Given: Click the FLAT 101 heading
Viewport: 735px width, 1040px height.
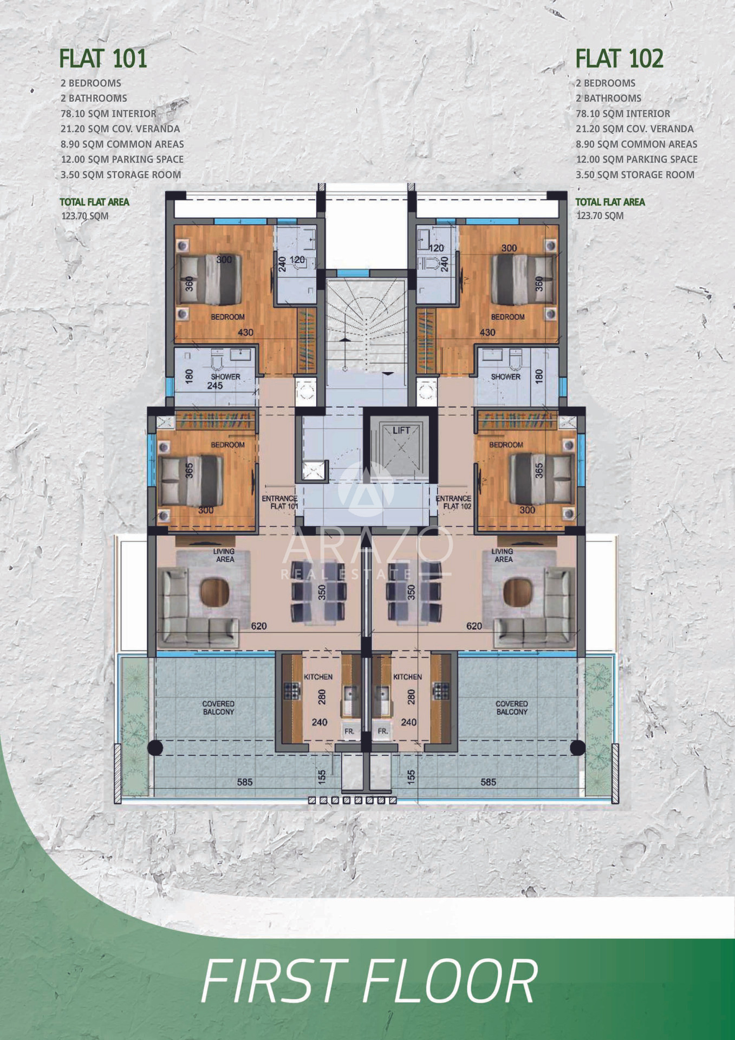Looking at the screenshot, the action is click(103, 58).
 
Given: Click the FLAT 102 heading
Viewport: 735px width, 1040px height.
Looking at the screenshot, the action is click(619, 58).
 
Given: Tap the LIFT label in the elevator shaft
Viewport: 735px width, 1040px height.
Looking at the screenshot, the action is click(401, 430).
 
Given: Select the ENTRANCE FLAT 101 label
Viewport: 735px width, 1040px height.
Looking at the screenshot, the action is click(280, 502).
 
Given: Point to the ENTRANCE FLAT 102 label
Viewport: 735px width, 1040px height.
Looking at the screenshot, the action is click(454, 502).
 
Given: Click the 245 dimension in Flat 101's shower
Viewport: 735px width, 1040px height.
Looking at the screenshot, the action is click(215, 386).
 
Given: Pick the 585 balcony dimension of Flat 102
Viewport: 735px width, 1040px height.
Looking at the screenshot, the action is click(488, 782).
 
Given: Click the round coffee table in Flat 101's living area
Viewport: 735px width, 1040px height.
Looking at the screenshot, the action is click(214, 592).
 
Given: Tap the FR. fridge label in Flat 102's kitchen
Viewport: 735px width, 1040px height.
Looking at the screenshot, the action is click(383, 731).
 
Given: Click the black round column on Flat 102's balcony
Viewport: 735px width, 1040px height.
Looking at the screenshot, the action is click(577, 747).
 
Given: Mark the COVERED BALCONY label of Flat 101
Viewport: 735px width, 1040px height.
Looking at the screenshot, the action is click(218, 707).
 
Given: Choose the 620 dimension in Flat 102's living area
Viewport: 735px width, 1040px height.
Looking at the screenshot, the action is click(474, 626).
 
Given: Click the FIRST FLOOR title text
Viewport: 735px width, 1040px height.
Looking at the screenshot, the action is click(369, 981).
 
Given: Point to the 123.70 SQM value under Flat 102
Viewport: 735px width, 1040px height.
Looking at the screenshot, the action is click(600, 216).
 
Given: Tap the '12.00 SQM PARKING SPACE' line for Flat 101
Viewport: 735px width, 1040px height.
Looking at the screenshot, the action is click(122, 159).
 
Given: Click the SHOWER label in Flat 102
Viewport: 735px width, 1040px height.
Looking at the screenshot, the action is click(505, 376).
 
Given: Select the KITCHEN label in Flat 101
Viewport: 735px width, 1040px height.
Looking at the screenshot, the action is click(318, 677).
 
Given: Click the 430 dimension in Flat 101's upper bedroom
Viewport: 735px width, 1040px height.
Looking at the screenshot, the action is click(245, 332).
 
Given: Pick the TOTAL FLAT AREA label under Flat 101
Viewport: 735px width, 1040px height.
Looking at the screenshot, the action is click(94, 202).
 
